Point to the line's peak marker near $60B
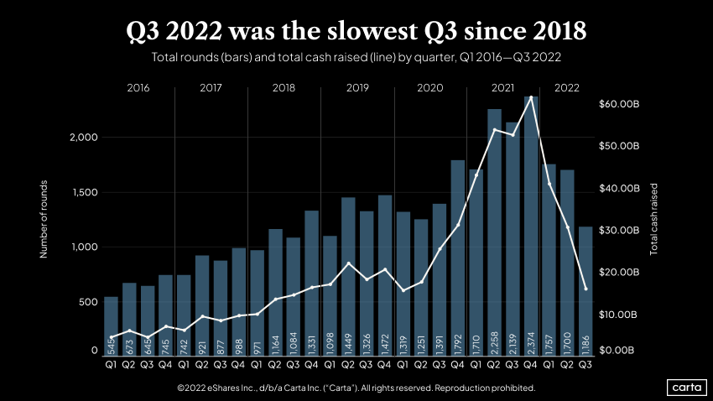[531, 98]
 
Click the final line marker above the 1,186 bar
[585, 289]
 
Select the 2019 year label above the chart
[357, 87]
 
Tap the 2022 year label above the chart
[567, 87]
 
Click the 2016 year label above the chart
[138, 87]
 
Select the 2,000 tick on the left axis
[83, 137]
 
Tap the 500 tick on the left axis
[88, 301]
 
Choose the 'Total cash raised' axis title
[654, 219]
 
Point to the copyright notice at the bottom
[356, 388]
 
